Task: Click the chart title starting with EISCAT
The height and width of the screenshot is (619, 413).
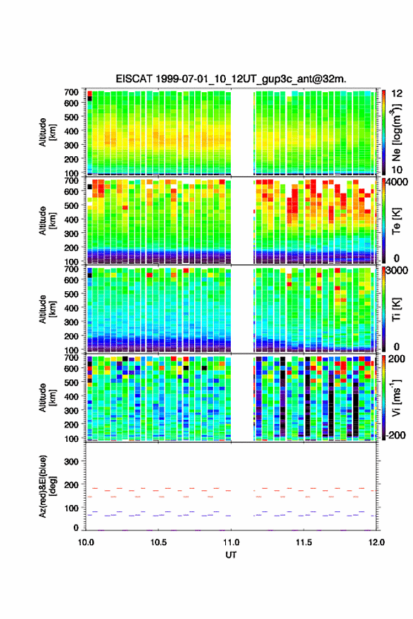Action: tap(231, 79)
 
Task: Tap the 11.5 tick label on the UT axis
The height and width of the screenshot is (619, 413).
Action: tap(303, 542)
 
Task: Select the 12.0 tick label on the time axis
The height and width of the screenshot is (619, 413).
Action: tap(376, 542)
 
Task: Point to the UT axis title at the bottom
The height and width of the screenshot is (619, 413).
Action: tap(231, 555)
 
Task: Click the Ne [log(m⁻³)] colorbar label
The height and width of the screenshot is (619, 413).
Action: tap(396, 133)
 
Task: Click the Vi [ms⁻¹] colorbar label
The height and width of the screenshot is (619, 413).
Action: tap(396, 398)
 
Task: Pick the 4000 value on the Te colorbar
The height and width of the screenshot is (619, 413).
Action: tap(397, 182)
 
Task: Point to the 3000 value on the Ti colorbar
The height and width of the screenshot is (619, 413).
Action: tap(397, 270)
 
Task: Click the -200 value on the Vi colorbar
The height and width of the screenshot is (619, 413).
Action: tap(396, 435)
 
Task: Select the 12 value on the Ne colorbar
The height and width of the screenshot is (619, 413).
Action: tap(397, 93)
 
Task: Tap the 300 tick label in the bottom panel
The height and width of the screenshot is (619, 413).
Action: tap(72, 461)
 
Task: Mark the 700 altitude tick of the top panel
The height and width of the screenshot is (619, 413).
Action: tap(72, 92)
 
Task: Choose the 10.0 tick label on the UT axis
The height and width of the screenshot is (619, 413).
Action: tap(86, 542)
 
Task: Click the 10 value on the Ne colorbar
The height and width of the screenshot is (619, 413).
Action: tap(397, 170)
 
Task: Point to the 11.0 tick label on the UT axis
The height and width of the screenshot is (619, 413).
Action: tap(231, 542)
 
